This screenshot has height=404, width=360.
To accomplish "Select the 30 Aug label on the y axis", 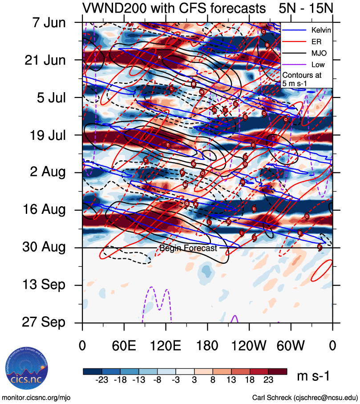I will pos(44,247).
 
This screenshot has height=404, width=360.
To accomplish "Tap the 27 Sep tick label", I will pos(44,322).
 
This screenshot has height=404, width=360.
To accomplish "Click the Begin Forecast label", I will pos(188,248).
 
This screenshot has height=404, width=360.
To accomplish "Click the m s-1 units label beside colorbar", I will pos(313,376).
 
